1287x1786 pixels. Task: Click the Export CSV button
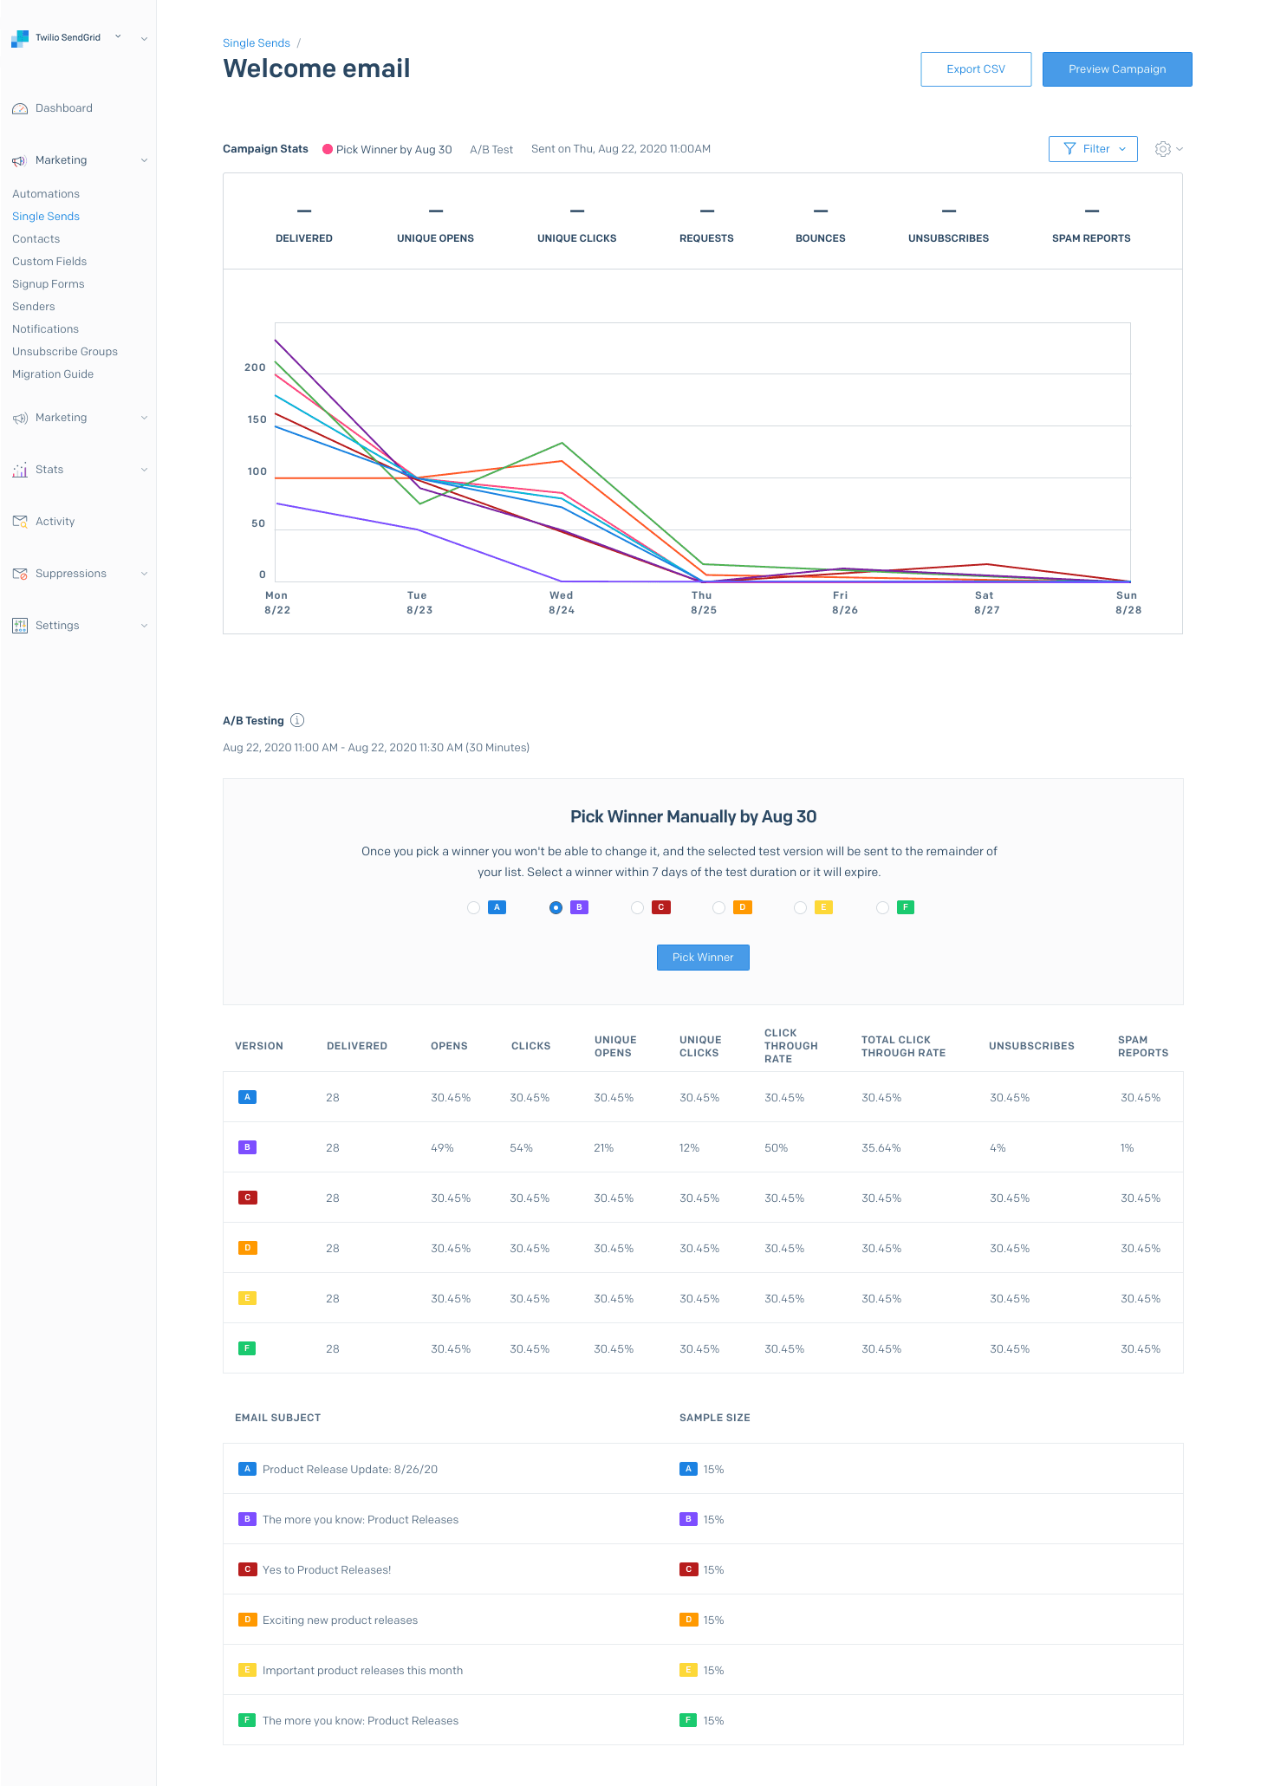(975, 69)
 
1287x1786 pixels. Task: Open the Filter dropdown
(1092, 149)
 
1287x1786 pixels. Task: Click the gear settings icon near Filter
(1163, 149)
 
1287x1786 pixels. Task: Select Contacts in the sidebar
(36, 239)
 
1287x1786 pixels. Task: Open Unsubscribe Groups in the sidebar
(65, 352)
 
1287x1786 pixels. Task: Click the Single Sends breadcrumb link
(256, 43)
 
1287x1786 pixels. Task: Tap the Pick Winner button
(702, 958)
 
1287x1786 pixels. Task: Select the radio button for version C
(638, 907)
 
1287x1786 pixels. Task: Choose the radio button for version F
(882, 907)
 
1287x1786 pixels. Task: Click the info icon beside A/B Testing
(297, 720)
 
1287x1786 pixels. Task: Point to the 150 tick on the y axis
(257, 419)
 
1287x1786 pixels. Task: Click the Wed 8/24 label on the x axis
(562, 602)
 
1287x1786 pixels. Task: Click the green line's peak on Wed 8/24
(562, 443)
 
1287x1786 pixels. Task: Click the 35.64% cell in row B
(881, 1148)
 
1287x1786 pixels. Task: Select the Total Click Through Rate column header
(902, 1046)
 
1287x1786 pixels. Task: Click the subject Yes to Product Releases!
(327, 1570)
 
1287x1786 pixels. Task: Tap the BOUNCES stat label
(820, 238)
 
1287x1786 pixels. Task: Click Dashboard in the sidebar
(63, 108)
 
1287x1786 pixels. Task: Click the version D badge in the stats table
(247, 1248)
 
